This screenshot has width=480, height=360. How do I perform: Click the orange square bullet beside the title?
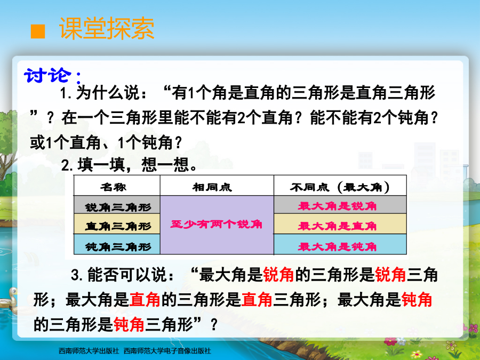pos(38,31)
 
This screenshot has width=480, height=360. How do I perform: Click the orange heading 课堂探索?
pos(107,28)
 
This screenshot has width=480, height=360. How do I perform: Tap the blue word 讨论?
pos(48,75)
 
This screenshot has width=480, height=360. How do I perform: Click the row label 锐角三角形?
pos(118,207)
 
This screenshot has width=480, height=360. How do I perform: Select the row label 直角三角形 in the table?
pos(118,226)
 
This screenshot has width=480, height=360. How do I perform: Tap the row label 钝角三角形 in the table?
pos(118,246)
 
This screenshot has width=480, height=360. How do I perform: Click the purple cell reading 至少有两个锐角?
pos(217,225)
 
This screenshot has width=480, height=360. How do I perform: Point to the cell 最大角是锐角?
pos(338,206)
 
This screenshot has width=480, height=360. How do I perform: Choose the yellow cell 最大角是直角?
pos(338,226)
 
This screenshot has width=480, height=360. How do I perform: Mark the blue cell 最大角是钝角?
pos(338,246)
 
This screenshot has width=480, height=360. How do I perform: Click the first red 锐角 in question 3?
pos(278,275)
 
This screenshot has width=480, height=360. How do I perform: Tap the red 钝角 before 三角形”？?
pos(129,324)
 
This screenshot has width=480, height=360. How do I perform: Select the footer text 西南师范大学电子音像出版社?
pos(167,351)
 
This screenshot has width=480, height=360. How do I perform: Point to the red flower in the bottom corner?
pos(390,342)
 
